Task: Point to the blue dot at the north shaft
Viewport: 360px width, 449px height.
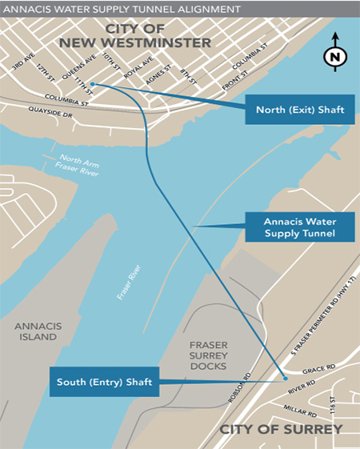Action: pyautogui.click(x=94, y=83)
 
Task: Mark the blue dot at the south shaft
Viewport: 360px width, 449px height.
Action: pyautogui.click(x=284, y=377)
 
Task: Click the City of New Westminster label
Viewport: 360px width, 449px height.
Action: pyautogui.click(x=161, y=34)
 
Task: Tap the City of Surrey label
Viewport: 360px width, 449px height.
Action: pyautogui.click(x=281, y=429)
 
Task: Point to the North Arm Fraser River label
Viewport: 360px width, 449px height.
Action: pyautogui.click(x=77, y=162)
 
